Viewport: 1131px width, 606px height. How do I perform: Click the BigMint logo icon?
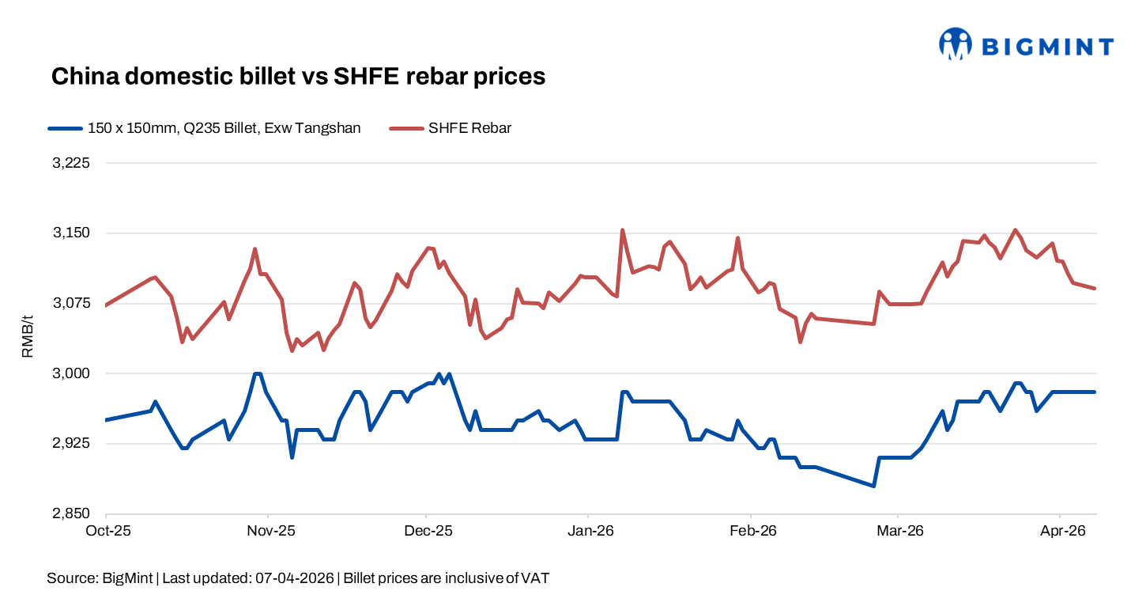(955, 44)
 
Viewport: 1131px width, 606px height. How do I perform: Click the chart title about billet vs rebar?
(298, 77)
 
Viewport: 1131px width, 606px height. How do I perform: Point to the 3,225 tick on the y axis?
(71, 164)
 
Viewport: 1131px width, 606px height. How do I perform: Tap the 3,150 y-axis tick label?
(71, 233)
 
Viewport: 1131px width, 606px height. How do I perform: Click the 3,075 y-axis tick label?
(71, 304)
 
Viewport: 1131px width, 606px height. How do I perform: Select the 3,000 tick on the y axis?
(71, 373)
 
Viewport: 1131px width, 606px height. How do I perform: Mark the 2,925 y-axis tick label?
(71, 444)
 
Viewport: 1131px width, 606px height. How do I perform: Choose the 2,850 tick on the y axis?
(71, 514)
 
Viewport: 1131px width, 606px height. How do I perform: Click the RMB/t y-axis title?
(28, 336)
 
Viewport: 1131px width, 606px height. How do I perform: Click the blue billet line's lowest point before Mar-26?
(873, 486)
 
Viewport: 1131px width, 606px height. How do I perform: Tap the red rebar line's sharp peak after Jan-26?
(623, 230)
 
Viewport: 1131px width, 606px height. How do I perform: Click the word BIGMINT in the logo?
(1047, 47)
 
